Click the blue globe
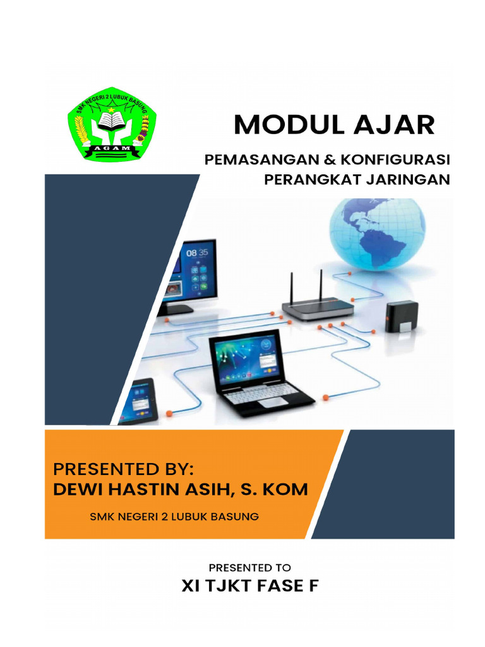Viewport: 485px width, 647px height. coord(377,233)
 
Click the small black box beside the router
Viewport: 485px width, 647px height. coord(402,317)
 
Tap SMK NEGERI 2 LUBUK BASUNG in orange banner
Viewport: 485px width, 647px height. coord(174,517)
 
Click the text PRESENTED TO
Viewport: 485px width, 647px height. coord(249,567)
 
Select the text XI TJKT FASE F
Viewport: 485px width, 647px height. coord(249,586)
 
